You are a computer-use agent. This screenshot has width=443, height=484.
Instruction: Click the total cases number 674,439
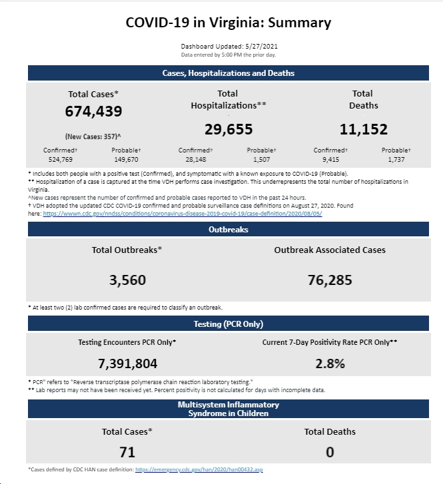[x=93, y=111]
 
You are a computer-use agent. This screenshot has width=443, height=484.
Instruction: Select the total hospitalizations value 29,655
[x=228, y=129]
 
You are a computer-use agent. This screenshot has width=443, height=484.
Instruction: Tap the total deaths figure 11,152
[x=364, y=129]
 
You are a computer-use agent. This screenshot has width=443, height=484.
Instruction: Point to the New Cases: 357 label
[x=93, y=136]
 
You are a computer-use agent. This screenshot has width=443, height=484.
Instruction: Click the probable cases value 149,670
[x=126, y=160]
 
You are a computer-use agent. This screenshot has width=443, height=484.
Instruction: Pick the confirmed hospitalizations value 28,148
[x=196, y=160]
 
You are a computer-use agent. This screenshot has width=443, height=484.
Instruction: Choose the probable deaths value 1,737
[x=396, y=160]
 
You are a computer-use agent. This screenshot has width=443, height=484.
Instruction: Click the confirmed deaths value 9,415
[x=330, y=160]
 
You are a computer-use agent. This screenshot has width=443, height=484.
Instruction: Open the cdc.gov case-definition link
[x=183, y=214]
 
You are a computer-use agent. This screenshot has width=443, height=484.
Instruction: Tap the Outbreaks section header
[x=228, y=229]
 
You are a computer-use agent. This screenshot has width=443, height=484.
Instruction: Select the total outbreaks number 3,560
[x=127, y=280]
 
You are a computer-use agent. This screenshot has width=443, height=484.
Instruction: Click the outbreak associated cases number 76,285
[x=330, y=280]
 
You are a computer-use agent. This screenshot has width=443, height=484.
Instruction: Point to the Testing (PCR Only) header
[x=228, y=324]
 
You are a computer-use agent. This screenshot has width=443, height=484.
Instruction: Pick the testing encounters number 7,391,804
[x=127, y=363]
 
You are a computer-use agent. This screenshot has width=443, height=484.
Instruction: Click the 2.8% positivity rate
[x=330, y=363]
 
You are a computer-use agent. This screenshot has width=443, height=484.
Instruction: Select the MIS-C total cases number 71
[x=127, y=452]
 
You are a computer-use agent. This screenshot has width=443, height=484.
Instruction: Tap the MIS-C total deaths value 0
[x=330, y=452]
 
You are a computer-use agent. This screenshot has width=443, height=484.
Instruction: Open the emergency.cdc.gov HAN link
[x=199, y=469]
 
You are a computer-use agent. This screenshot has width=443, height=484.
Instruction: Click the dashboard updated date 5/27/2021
[x=261, y=47]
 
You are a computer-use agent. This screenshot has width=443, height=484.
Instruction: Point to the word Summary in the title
[x=299, y=23]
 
